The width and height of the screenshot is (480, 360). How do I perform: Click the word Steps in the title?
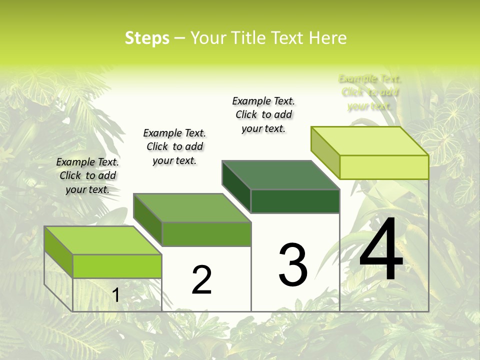tap(147, 38)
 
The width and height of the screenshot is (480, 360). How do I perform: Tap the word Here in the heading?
tap(327, 38)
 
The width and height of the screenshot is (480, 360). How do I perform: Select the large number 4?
tap(381, 250)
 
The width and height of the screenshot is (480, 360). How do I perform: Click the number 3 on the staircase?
tap(293, 265)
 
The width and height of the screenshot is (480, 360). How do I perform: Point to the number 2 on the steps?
tap(201, 280)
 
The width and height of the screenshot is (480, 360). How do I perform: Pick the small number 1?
tap(115, 295)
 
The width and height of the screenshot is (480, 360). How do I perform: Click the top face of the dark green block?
tap(280, 175)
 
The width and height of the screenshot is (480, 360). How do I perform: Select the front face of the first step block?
tap(117, 266)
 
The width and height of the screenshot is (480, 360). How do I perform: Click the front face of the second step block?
tap(206, 234)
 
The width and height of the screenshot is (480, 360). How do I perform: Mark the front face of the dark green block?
tap(295, 201)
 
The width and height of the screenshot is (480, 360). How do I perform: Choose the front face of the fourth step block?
tap(384, 167)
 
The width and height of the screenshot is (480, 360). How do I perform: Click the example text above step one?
tap(87, 175)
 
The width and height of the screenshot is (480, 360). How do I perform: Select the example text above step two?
tap(174, 146)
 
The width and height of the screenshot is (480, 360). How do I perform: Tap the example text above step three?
tap(263, 114)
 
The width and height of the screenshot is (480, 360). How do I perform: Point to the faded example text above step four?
tap(369, 92)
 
